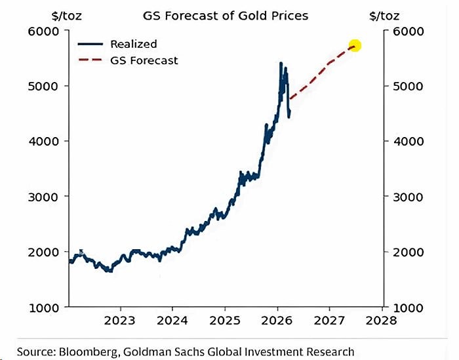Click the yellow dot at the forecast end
(x=355, y=46)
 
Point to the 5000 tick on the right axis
(x=407, y=86)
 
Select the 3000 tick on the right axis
(x=407, y=197)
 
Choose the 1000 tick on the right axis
(x=407, y=307)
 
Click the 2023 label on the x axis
(x=120, y=321)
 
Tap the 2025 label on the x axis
(x=224, y=321)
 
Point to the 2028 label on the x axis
(x=381, y=321)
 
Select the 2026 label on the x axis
(x=277, y=321)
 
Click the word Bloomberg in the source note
(x=89, y=351)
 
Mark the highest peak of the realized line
(x=281, y=64)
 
